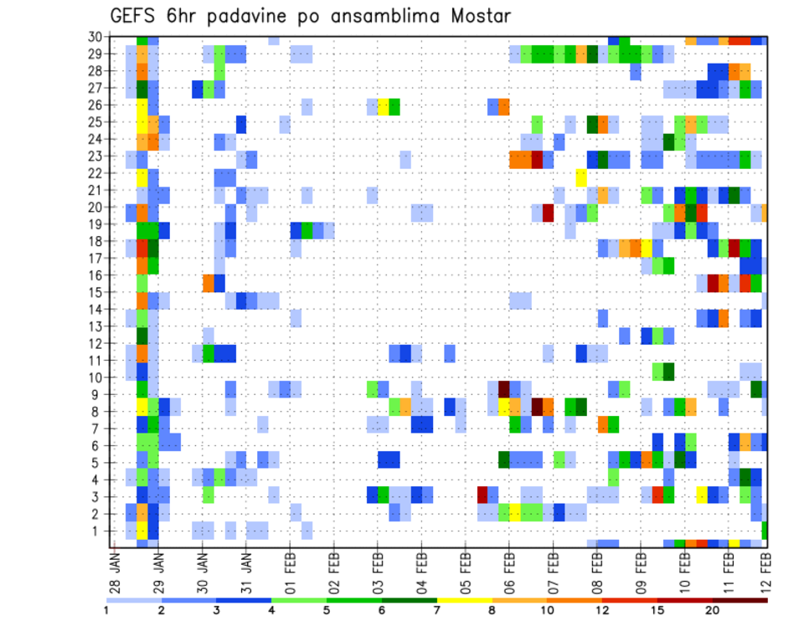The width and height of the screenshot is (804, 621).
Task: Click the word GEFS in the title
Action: point(136,17)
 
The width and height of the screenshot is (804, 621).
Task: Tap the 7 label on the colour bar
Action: point(437,610)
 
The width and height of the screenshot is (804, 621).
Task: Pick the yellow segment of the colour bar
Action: point(465,600)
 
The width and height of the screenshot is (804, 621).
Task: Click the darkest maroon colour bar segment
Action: point(741,600)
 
